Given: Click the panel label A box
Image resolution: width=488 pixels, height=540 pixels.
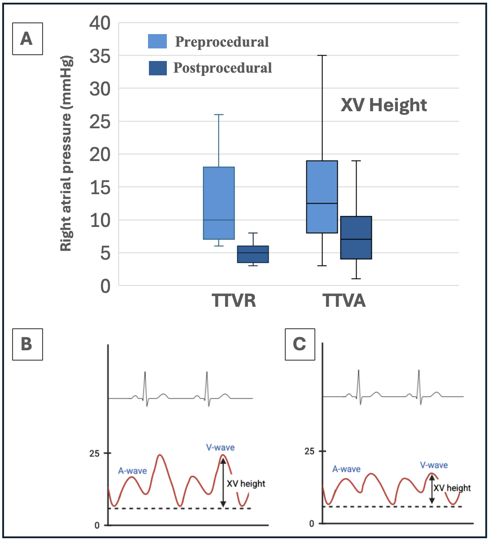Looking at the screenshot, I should pyautogui.click(x=26, y=39).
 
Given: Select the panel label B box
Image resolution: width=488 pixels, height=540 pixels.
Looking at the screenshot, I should pyautogui.click(x=26, y=344).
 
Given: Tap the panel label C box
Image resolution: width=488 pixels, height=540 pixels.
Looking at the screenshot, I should pyautogui.click(x=300, y=344).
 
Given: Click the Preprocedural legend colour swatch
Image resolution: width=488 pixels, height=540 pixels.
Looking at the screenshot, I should pyautogui.click(x=157, y=41).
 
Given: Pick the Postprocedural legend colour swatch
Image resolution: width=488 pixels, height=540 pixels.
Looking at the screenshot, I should pyautogui.click(x=157, y=68).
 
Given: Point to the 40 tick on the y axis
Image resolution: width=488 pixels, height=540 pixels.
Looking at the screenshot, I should pyautogui.click(x=101, y=22).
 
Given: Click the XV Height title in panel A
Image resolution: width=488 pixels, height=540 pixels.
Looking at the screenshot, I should pyautogui.click(x=383, y=105).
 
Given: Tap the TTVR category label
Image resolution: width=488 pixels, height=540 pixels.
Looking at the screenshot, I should pyautogui.click(x=234, y=300).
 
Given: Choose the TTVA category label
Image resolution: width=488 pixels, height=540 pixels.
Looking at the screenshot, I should pyautogui.click(x=344, y=300).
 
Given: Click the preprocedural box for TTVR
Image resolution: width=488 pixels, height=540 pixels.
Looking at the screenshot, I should pyautogui.click(x=219, y=203).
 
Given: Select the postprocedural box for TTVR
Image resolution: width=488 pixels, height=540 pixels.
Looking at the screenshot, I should pyautogui.click(x=253, y=254).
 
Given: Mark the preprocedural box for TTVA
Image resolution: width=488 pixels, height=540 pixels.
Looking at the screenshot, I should pyautogui.click(x=322, y=196).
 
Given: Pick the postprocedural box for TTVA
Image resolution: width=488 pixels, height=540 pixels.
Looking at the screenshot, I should pyautogui.click(x=356, y=237).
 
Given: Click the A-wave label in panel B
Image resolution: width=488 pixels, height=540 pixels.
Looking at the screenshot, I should pyautogui.click(x=132, y=471).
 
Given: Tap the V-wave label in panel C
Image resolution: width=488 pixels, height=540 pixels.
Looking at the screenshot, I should pyautogui.click(x=434, y=465).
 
